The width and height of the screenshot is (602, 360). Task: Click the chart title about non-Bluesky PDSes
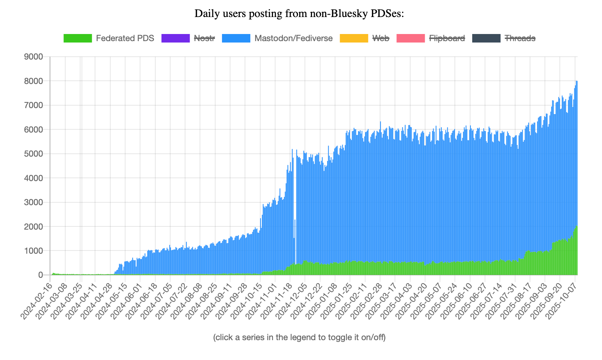tap(299, 14)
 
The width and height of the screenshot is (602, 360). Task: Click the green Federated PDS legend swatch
tap(78, 38)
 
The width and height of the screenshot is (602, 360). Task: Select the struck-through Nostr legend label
tap(204, 38)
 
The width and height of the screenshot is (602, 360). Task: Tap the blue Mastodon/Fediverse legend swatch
tap(236, 38)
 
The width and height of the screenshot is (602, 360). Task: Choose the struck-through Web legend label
tap(381, 38)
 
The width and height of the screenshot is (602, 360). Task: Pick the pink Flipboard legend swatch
tap(410, 38)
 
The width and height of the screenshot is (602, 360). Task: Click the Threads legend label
tap(520, 38)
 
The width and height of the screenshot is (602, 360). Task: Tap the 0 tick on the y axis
tap(40, 275)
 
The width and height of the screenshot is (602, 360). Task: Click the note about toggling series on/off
tap(299, 337)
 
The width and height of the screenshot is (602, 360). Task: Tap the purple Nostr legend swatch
tap(175, 38)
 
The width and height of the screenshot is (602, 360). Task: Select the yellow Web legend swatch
tap(354, 38)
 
